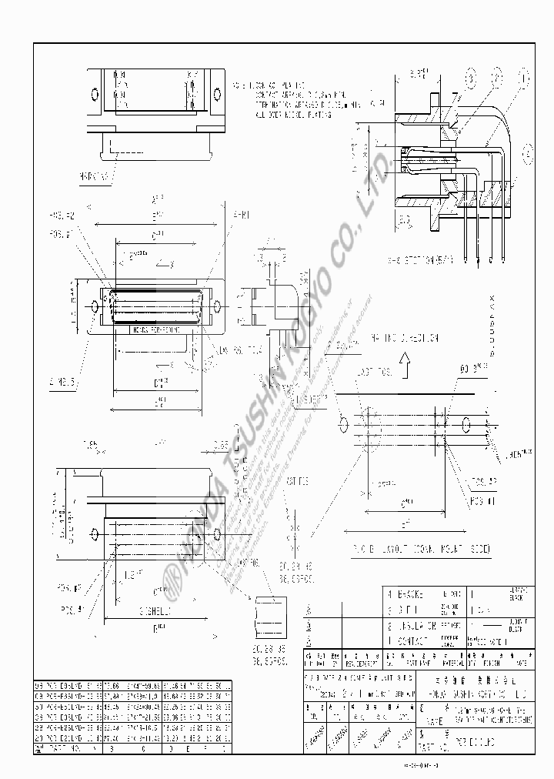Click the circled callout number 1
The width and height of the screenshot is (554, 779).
[x=526, y=79]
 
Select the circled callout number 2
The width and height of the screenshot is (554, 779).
[x=498, y=79]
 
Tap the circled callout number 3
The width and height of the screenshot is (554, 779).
[x=470, y=79]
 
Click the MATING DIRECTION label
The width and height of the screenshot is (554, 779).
[x=405, y=337]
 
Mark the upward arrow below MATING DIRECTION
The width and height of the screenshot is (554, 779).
[x=405, y=358]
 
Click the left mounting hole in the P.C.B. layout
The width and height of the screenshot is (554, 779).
[x=342, y=424]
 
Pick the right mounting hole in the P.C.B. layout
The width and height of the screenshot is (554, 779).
[x=466, y=424]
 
